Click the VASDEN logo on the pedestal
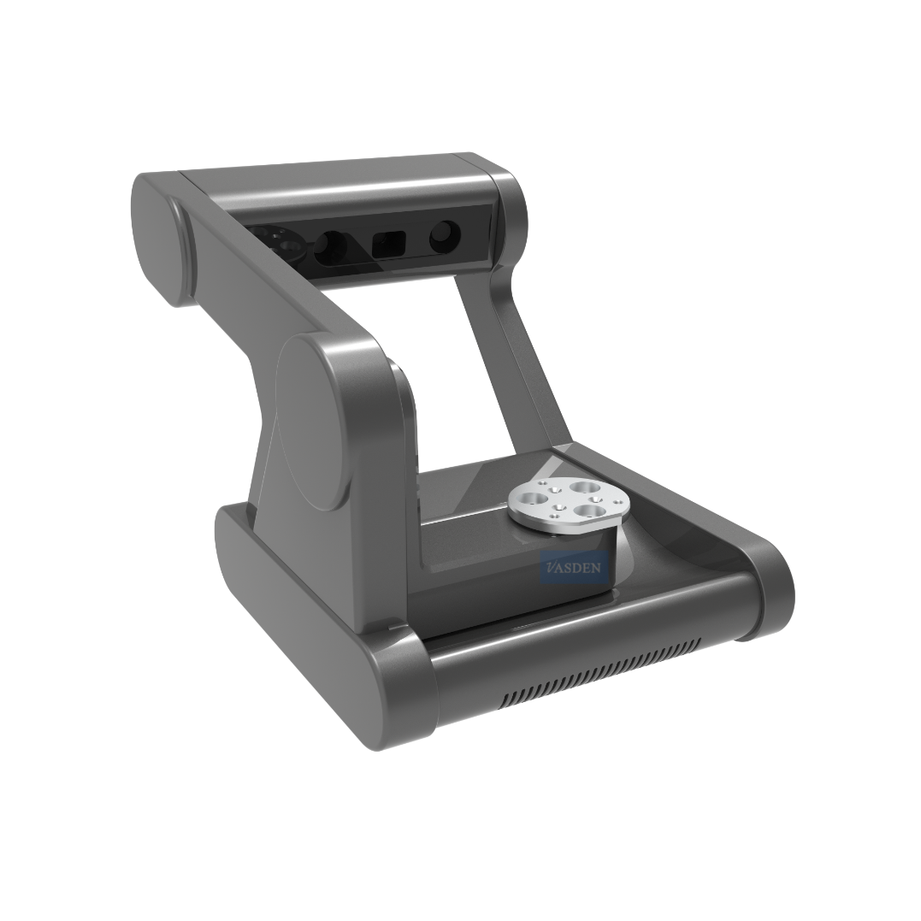click(573, 568)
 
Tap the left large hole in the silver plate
click(535, 499)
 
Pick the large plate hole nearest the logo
click(589, 511)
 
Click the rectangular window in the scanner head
click(389, 245)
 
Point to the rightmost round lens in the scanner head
click(445, 237)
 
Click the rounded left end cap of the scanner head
click(160, 238)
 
